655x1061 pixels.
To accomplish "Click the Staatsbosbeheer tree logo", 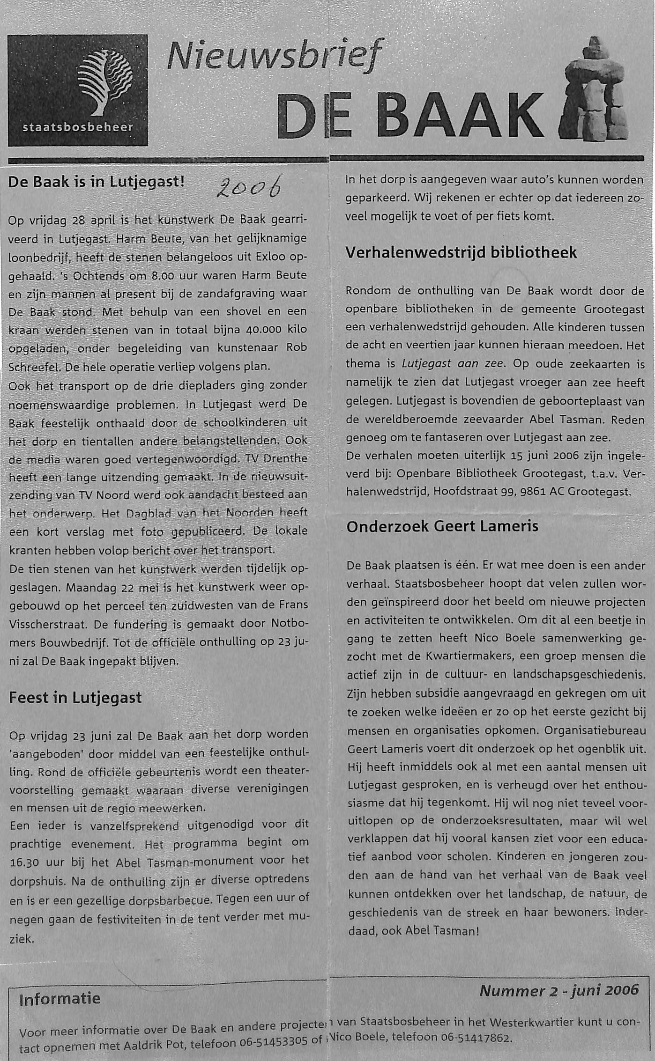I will click(x=104, y=82).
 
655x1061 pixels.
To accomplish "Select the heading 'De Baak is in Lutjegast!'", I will click(x=97, y=182).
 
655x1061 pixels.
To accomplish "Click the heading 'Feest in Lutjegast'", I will click(x=75, y=698).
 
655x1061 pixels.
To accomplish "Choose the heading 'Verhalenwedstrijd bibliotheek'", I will click(x=461, y=253).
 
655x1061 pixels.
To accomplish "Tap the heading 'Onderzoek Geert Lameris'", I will click(x=442, y=526).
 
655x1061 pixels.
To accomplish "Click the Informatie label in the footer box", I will click(x=60, y=999).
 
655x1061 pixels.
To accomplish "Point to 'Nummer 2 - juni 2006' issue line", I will click(x=559, y=990).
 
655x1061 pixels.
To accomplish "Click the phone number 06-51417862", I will click(x=474, y=1038).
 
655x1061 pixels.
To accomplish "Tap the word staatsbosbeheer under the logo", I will click(x=78, y=127).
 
